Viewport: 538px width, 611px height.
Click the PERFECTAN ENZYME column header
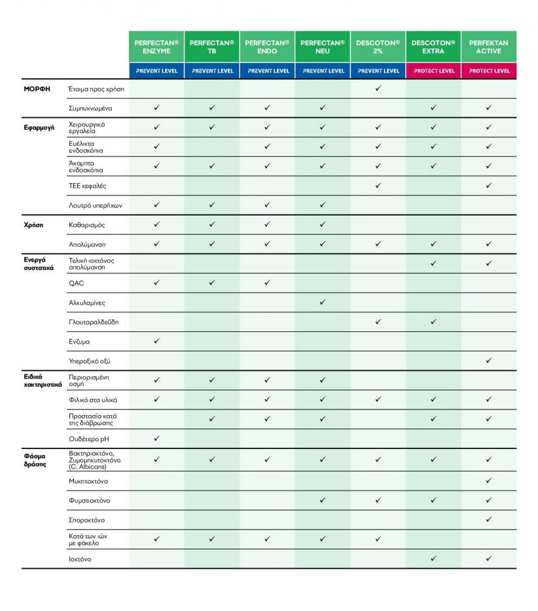tap(157, 46)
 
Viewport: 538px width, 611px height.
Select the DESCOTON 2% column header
tap(378, 46)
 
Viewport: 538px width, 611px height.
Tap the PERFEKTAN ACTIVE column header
tap(489, 46)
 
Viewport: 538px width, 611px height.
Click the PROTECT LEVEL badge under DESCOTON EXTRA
tap(433, 71)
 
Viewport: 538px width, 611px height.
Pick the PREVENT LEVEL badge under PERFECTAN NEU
tap(323, 71)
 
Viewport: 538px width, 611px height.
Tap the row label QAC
tap(77, 283)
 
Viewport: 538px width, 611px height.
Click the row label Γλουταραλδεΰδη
tap(94, 322)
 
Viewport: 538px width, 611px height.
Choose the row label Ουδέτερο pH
tap(90, 439)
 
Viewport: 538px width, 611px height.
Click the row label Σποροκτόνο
tap(87, 520)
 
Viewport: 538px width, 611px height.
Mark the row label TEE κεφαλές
tap(87, 186)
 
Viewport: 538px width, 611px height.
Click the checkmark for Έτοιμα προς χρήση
tap(378, 89)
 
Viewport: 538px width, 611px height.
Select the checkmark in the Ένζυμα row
tap(157, 341)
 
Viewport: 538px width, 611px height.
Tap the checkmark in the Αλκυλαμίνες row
tap(323, 302)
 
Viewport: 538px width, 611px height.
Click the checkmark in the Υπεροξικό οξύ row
tap(489, 360)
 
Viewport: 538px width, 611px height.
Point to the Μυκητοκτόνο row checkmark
tap(489, 481)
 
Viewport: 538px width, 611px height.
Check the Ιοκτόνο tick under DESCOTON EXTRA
tap(433, 558)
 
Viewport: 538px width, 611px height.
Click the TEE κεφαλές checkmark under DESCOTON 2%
tap(378, 185)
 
